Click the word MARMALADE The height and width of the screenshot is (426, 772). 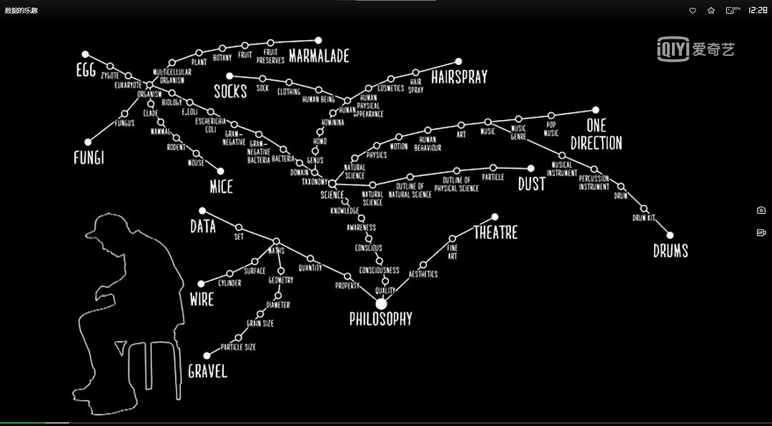click(x=319, y=56)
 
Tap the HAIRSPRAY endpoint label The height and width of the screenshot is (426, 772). click(x=459, y=76)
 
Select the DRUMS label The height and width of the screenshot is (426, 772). click(x=670, y=250)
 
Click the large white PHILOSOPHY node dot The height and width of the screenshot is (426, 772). click(x=381, y=304)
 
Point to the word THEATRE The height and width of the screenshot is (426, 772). click(x=495, y=232)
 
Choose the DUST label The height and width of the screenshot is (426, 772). click(x=531, y=184)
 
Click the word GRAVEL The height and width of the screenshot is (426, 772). click(x=207, y=371)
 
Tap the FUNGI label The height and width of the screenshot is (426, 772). click(x=89, y=157)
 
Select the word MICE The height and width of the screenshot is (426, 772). click(x=221, y=187)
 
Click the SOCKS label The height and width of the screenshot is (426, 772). click(x=230, y=91)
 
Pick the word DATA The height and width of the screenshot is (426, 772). click(x=203, y=227)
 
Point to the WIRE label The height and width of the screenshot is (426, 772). click(x=202, y=299)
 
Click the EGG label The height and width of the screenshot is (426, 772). click(x=86, y=70)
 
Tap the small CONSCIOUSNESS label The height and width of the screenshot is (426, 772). click(x=379, y=270)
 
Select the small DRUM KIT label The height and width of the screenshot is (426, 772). click(x=643, y=217)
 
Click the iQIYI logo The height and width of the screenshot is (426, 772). click(x=696, y=49)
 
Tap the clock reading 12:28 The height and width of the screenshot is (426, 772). click(x=757, y=11)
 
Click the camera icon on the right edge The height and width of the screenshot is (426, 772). click(x=761, y=210)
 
